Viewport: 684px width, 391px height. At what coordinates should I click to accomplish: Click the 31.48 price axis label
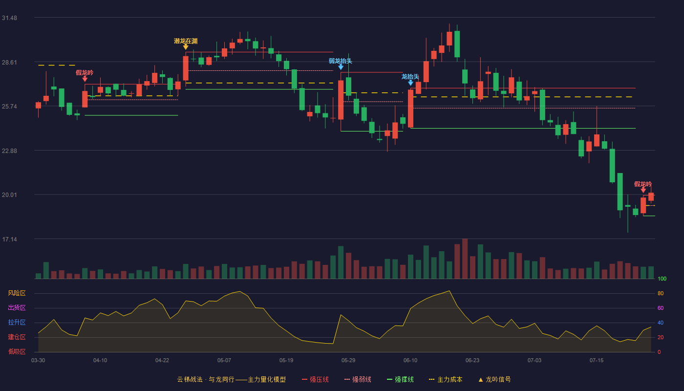click(x=9, y=18)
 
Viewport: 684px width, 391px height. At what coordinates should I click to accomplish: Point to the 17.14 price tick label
click(x=9, y=239)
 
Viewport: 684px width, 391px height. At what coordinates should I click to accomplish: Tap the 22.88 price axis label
click(x=9, y=151)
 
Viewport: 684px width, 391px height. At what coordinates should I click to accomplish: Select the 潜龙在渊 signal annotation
click(x=186, y=41)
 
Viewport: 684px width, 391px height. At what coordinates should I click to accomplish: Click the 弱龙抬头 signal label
click(x=341, y=61)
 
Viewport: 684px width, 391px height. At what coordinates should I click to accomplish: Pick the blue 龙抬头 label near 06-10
click(x=410, y=77)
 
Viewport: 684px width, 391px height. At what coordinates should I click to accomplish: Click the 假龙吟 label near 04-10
click(x=85, y=73)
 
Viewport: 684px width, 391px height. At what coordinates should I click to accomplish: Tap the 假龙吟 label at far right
click(x=643, y=184)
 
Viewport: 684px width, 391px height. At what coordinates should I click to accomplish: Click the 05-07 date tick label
click(x=224, y=361)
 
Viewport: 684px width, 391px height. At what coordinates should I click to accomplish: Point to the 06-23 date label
click(x=472, y=361)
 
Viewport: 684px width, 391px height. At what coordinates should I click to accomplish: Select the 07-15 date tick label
click(x=597, y=361)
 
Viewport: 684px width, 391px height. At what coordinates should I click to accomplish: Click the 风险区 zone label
click(x=17, y=293)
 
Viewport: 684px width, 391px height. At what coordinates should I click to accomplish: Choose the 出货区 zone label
click(x=17, y=307)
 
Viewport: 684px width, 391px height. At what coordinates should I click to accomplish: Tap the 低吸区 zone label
click(x=17, y=351)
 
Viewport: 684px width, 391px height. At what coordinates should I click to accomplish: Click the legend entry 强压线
click(x=315, y=379)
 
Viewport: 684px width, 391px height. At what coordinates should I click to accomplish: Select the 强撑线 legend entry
click(x=400, y=379)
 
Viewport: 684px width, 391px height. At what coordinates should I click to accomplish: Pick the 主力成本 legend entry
click(x=446, y=379)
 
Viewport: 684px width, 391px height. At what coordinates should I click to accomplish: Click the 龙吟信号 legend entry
click(x=494, y=379)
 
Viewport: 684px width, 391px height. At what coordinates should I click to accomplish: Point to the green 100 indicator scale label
click(x=662, y=279)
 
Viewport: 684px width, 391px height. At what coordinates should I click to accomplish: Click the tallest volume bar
click(x=465, y=259)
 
